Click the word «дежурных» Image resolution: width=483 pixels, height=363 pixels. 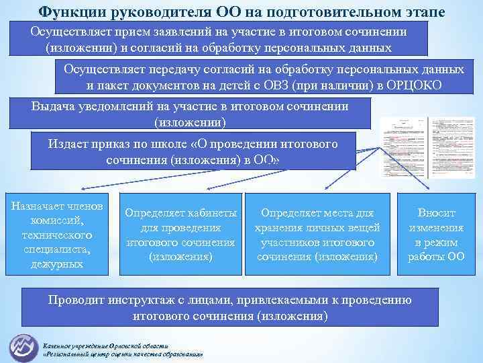tap(56, 264)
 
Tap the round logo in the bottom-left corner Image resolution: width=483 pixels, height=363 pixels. tap(23, 347)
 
